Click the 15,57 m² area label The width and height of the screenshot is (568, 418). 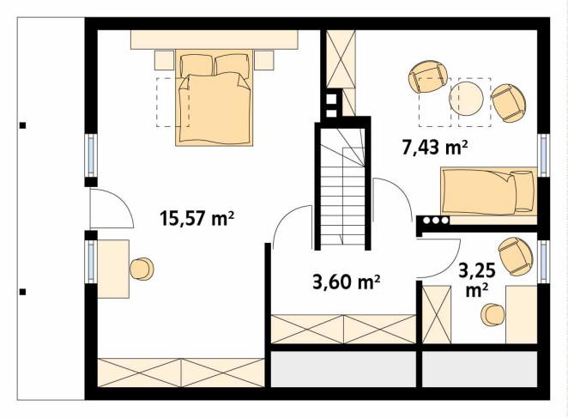196,219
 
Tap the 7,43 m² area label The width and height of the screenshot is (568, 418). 435,148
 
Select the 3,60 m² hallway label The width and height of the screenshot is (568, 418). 347,282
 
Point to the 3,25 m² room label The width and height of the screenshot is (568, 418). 477,280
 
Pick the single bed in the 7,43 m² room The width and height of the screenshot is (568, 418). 489,191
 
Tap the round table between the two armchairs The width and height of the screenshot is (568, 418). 466,99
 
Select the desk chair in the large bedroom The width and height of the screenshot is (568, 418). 142,269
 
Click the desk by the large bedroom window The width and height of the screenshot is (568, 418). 113,269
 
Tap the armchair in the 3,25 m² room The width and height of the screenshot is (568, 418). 516,257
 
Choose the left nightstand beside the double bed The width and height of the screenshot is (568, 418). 165,60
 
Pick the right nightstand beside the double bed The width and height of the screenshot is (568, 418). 263,60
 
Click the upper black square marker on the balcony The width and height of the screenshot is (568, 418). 22,126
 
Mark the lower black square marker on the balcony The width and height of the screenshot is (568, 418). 22,292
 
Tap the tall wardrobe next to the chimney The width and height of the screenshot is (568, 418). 341,58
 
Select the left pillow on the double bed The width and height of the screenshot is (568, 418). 196,65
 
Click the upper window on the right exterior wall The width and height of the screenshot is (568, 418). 543,154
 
